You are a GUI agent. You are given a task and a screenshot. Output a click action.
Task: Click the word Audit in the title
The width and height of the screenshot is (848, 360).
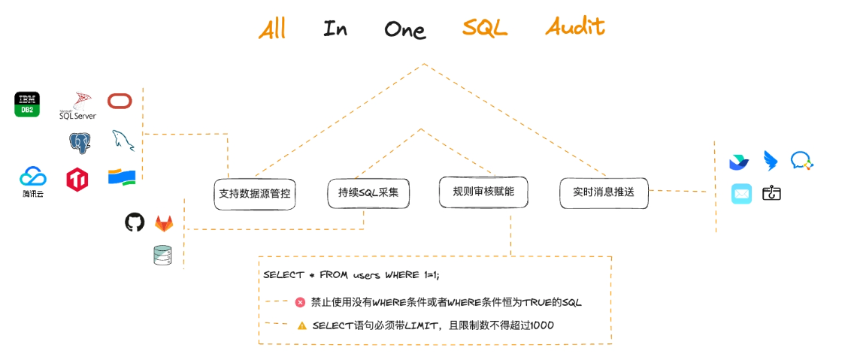pyautogui.click(x=575, y=28)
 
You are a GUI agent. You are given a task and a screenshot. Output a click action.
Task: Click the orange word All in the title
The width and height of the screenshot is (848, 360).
pyautogui.click(x=272, y=29)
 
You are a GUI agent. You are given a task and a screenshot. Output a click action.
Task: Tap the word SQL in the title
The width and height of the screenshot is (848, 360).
pyautogui.click(x=485, y=29)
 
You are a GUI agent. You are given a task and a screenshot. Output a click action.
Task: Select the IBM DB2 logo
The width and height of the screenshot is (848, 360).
pyautogui.click(x=27, y=104)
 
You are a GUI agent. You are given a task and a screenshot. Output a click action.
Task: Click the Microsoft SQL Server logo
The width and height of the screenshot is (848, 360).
pyautogui.click(x=78, y=107)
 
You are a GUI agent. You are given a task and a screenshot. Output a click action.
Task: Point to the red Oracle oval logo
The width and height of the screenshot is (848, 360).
pyautogui.click(x=120, y=101)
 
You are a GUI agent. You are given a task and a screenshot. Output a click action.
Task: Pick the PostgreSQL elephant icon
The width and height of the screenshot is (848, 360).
pyautogui.click(x=80, y=142)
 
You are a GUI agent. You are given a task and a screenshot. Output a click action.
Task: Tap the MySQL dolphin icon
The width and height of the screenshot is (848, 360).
pyautogui.click(x=123, y=140)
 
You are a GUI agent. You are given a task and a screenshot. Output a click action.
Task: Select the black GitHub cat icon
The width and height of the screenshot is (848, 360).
pyautogui.click(x=135, y=222)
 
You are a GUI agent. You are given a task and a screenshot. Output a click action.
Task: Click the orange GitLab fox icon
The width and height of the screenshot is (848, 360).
pyautogui.click(x=164, y=223)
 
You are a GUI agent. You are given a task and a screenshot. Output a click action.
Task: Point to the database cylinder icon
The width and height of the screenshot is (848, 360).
pyautogui.click(x=162, y=256)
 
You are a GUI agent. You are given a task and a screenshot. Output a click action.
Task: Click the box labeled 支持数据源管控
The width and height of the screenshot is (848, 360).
pyautogui.click(x=255, y=194)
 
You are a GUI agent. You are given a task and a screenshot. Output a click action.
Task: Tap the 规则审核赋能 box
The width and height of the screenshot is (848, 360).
pyautogui.click(x=483, y=192)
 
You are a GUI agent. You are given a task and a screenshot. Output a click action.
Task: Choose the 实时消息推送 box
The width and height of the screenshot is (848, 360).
pyautogui.click(x=604, y=192)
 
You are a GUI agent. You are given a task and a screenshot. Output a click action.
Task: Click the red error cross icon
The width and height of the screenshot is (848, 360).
pyautogui.click(x=300, y=302)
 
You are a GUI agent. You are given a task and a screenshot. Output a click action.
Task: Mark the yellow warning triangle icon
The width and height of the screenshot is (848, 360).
pyautogui.click(x=301, y=325)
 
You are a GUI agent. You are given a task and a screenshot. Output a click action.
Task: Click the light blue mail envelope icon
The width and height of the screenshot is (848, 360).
pyautogui.click(x=742, y=194)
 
